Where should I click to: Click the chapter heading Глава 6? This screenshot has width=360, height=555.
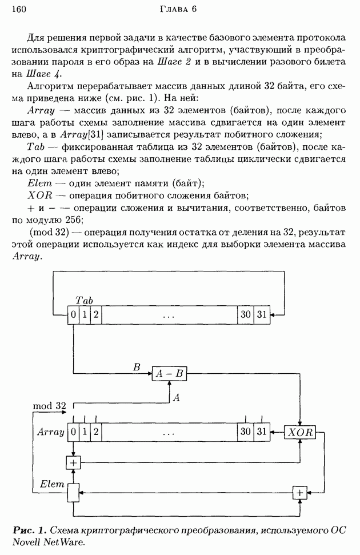click(179, 9)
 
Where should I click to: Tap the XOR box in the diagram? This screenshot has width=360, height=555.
click(299, 432)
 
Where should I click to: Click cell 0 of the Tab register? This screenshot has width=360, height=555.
click(73, 315)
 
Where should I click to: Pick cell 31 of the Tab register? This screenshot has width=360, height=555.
click(262, 315)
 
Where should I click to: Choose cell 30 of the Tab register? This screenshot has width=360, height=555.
click(246, 315)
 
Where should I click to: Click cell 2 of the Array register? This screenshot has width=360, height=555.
click(96, 432)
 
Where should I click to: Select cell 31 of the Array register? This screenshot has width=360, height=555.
click(262, 432)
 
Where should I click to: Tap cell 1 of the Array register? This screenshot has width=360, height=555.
click(85, 432)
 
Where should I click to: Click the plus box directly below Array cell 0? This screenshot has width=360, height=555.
click(73, 462)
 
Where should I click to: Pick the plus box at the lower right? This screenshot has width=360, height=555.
click(299, 492)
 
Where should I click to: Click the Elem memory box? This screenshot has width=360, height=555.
click(73, 492)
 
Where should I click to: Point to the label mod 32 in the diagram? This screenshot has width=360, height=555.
click(50, 406)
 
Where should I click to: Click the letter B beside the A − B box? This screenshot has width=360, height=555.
click(137, 367)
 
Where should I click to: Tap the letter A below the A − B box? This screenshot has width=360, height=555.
click(177, 397)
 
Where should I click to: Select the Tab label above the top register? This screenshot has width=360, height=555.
click(83, 301)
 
